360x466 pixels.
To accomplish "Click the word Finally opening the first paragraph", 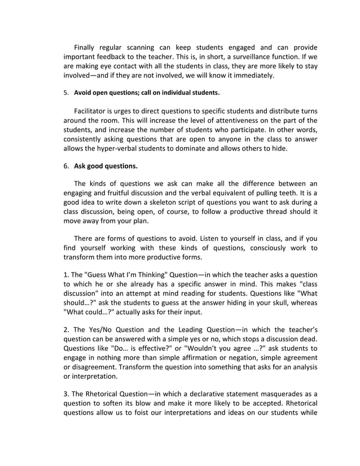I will (88, 47).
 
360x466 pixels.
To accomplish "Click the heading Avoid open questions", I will (106, 92).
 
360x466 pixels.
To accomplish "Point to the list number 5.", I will (65, 92).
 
